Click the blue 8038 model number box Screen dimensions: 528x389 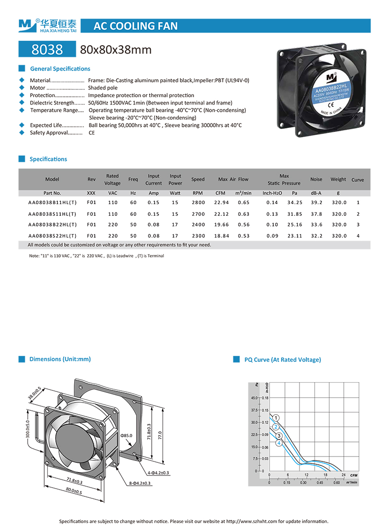[x=47, y=49]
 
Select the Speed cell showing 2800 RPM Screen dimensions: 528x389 [x=198, y=202]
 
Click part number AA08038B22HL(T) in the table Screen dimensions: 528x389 [x=53, y=225]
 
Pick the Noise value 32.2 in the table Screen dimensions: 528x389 [x=317, y=236]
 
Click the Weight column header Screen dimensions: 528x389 [x=338, y=179]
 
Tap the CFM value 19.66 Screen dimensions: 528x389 [x=222, y=225]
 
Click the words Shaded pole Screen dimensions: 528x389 [x=103, y=88]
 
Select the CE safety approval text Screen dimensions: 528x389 [x=91, y=133]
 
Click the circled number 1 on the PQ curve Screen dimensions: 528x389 [x=276, y=418]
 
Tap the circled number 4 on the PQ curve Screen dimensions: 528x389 [x=279, y=443]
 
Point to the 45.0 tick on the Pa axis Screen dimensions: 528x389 [x=254, y=398]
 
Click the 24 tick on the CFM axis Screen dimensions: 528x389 [x=343, y=475]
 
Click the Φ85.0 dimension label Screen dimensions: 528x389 [x=127, y=435]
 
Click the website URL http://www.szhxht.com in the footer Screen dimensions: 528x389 [x=252, y=521]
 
